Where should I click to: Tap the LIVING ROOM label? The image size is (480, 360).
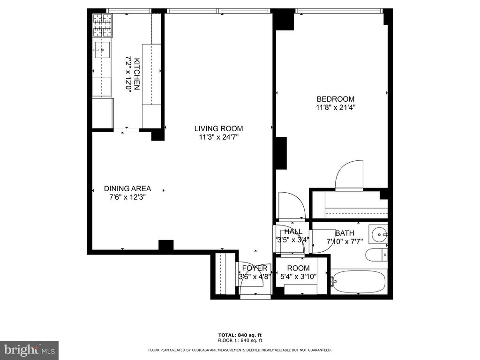pos(218,128)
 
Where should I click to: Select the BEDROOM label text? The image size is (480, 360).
pos(336,99)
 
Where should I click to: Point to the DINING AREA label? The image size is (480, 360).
pos(127,188)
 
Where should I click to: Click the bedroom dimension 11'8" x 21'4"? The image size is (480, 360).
pos(336,107)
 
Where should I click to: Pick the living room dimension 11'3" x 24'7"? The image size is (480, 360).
pos(218,137)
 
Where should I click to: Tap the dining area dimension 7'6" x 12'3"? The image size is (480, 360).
pos(127,197)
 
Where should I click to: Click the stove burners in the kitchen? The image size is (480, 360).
pos(103,26)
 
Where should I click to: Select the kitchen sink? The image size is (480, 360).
pos(102,50)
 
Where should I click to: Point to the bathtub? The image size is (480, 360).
pos(358,281)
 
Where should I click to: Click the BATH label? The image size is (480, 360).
pos(345,233)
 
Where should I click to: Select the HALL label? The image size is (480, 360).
pos(293,232)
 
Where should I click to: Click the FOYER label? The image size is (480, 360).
pos(255,268)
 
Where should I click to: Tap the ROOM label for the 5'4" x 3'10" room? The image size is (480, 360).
pos(299,268)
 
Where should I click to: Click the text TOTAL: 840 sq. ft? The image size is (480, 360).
pos(240,335)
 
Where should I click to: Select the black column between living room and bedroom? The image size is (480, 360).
pos(281,153)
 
